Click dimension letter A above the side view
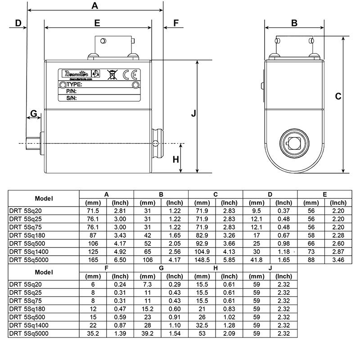(95, 6)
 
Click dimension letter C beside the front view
(338, 96)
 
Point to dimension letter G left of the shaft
(33, 113)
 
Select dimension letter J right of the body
(193, 114)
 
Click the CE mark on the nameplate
(126, 74)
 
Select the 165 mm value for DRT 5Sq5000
(93, 260)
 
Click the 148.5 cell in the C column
(202, 260)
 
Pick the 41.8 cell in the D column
(256, 260)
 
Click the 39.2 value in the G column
(147, 333)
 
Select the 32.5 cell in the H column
(202, 325)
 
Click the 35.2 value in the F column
(93, 333)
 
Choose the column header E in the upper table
(325, 194)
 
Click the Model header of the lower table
(44, 272)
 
